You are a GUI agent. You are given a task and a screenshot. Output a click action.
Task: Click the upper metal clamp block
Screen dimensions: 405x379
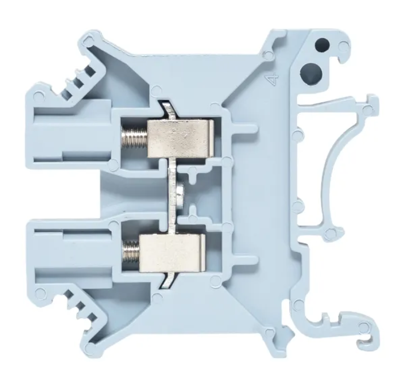pyautogui.click(x=180, y=139)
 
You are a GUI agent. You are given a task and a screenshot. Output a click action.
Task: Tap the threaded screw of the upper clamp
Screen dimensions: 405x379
pyautogui.click(x=134, y=138)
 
